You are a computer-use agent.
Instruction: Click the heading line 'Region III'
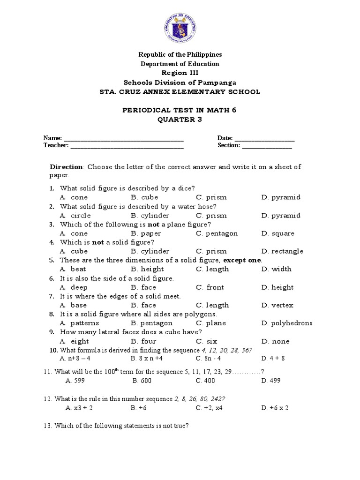(x=180, y=73)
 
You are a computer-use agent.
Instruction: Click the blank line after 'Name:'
(x=123, y=139)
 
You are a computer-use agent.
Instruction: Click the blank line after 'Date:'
(x=264, y=139)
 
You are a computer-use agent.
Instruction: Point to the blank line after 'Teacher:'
(x=127, y=146)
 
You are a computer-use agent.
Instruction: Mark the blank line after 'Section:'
(x=267, y=146)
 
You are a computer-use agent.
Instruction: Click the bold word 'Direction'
(x=67, y=167)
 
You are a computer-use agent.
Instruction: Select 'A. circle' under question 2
(x=75, y=216)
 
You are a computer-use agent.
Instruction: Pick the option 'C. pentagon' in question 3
(x=217, y=233)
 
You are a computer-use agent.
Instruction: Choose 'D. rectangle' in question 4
(x=282, y=251)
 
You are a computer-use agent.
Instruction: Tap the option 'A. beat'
(x=73, y=269)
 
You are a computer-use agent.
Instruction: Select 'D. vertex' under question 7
(x=277, y=305)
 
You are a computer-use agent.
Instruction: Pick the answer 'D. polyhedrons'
(x=286, y=323)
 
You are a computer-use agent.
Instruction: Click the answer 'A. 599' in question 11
(x=75, y=381)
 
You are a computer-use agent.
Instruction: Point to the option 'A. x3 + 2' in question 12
(x=80, y=408)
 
